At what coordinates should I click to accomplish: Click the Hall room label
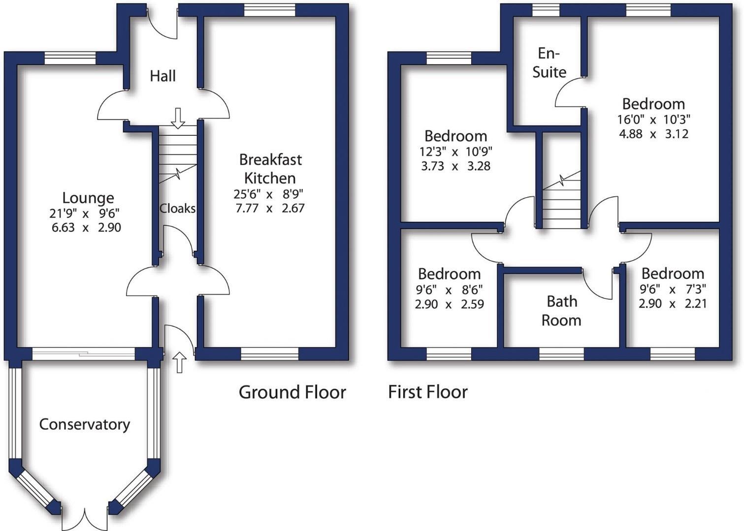[162, 76]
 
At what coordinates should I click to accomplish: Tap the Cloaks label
[177, 208]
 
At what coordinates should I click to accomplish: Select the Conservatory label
[85, 424]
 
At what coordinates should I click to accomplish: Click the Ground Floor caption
[292, 392]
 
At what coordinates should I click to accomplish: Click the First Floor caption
[427, 392]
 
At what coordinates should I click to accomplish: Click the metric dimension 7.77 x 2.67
[270, 208]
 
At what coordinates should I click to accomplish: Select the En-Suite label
[549, 63]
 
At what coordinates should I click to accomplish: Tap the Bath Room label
[561, 311]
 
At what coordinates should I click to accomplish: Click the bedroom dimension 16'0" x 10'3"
[653, 119]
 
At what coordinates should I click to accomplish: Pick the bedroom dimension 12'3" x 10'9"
[455, 151]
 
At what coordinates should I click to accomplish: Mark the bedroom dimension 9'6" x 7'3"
[673, 289]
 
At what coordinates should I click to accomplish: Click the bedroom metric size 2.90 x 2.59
[449, 304]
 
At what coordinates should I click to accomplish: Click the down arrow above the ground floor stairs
[178, 118]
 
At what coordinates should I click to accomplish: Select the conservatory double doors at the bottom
[85, 519]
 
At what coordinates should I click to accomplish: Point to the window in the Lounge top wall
[70, 58]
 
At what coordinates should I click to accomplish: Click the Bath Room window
[561, 354]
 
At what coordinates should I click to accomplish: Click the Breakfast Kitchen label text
[270, 169]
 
